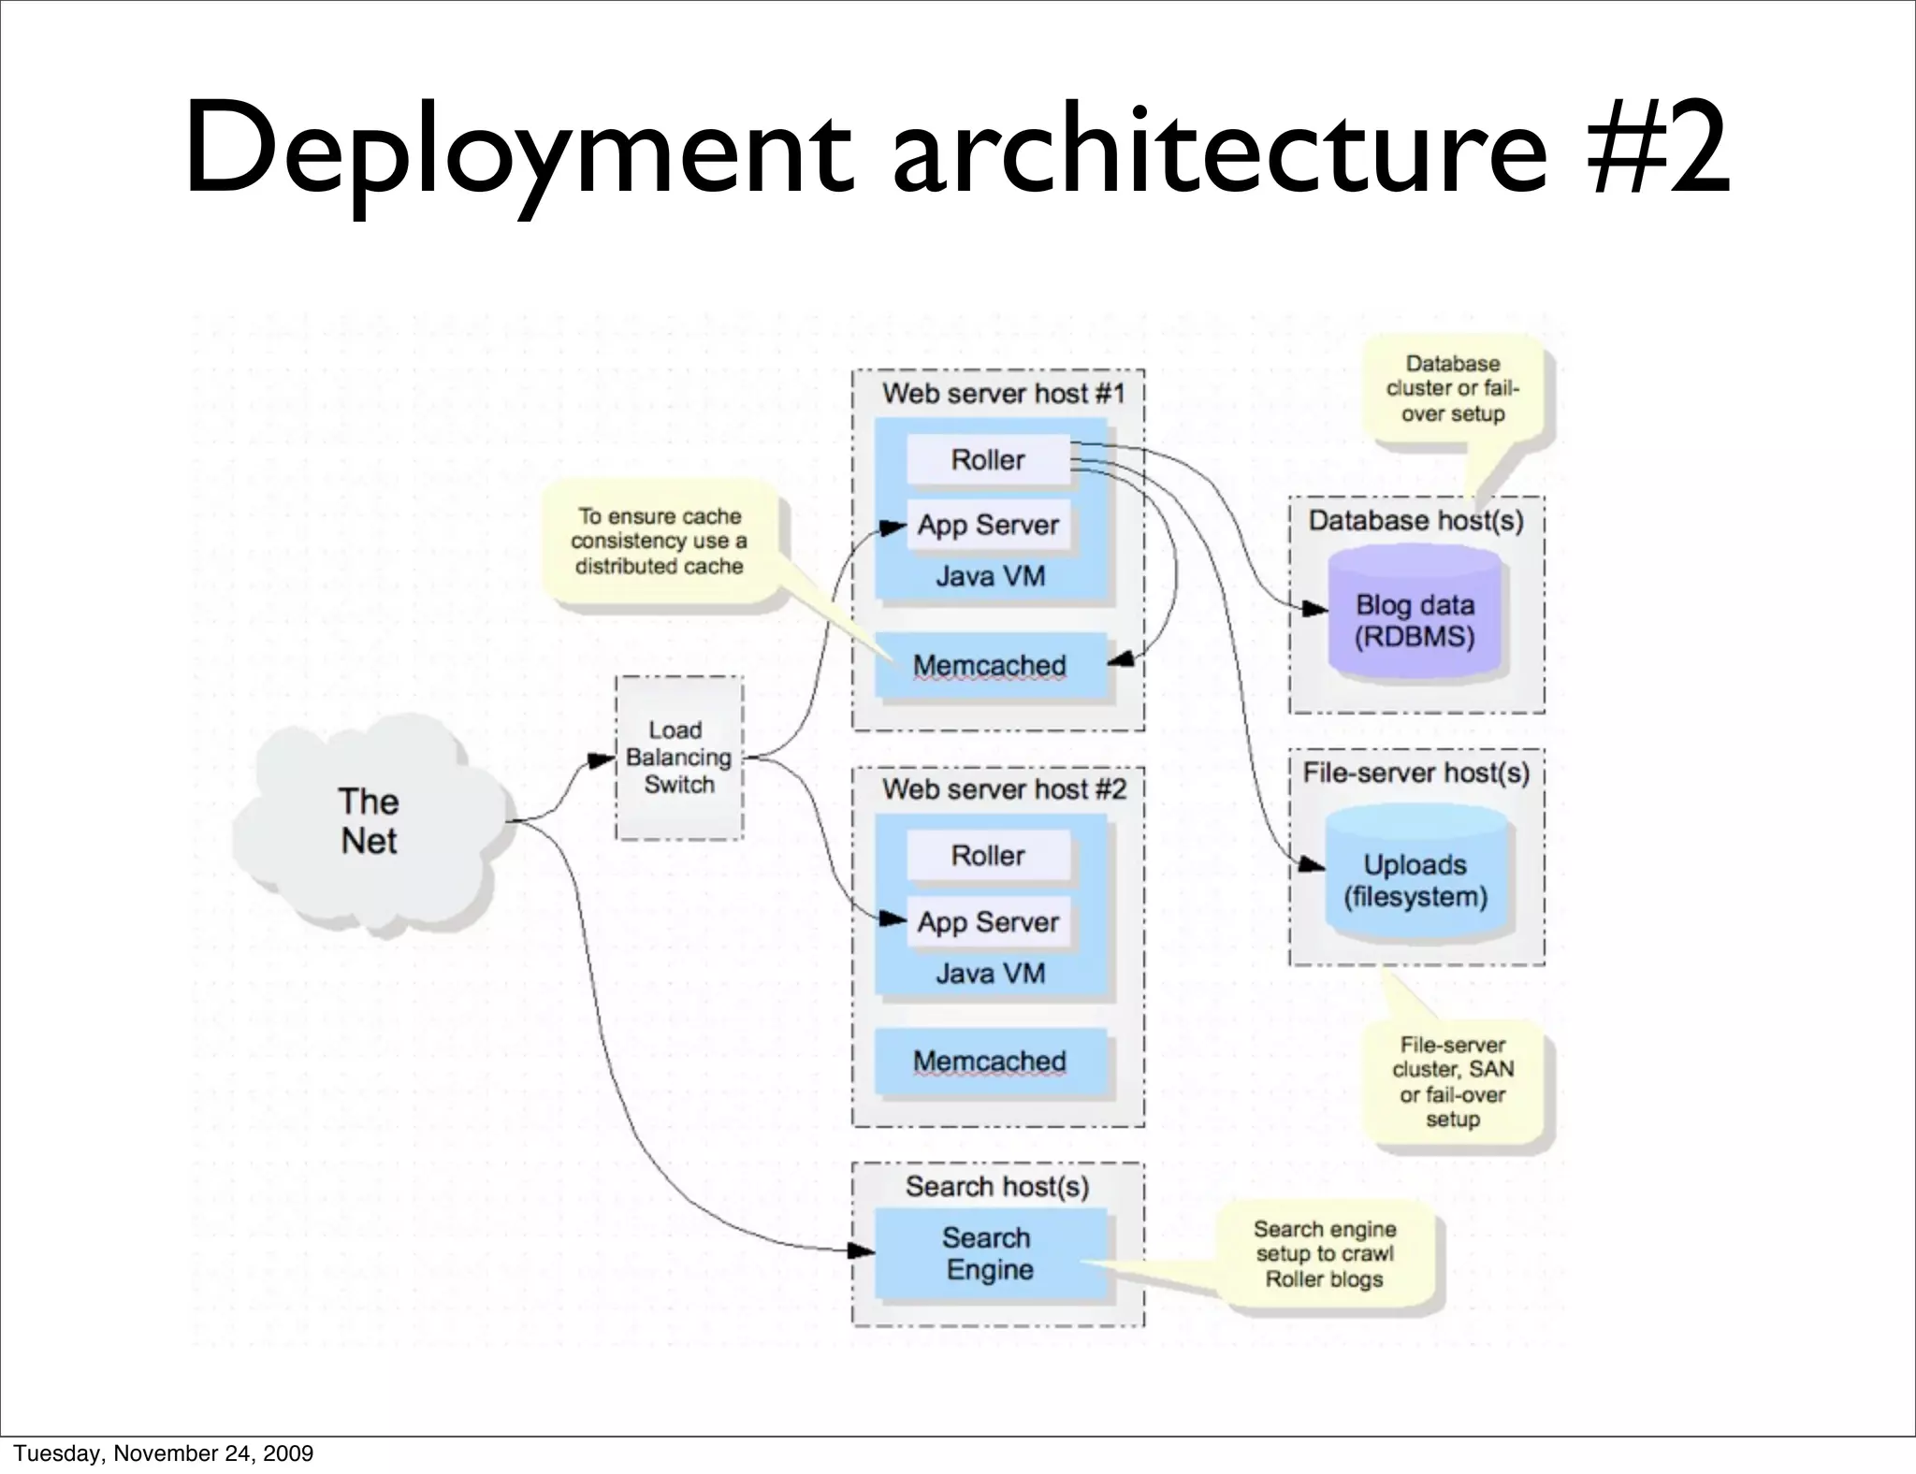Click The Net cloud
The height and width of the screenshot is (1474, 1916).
coord(369,821)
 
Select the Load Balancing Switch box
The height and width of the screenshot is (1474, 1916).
coord(679,758)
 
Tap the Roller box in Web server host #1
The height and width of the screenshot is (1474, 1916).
coord(988,459)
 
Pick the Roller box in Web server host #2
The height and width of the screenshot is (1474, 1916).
coord(988,855)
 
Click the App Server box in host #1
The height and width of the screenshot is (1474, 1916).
coord(988,526)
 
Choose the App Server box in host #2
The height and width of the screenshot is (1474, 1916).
coord(988,922)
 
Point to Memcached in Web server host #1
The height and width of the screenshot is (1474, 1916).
coord(990,665)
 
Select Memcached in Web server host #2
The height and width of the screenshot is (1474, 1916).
coord(990,1062)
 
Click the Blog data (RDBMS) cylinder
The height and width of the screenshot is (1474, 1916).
coord(1415,621)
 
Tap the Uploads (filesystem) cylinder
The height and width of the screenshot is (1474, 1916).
coord(1415,880)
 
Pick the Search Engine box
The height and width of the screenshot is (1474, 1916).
coord(989,1253)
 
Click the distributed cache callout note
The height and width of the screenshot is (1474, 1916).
coord(660,542)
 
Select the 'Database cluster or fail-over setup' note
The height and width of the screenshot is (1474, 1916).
coord(1453,389)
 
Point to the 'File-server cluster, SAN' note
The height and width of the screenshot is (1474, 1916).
coord(1453,1082)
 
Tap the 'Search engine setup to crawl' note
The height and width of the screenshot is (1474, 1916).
coord(1325,1254)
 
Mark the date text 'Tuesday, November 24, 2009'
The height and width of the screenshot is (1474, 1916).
coord(164,1452)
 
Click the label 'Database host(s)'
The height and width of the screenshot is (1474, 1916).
coord(1415,521)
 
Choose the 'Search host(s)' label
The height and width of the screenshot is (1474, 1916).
coord(997,1186)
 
